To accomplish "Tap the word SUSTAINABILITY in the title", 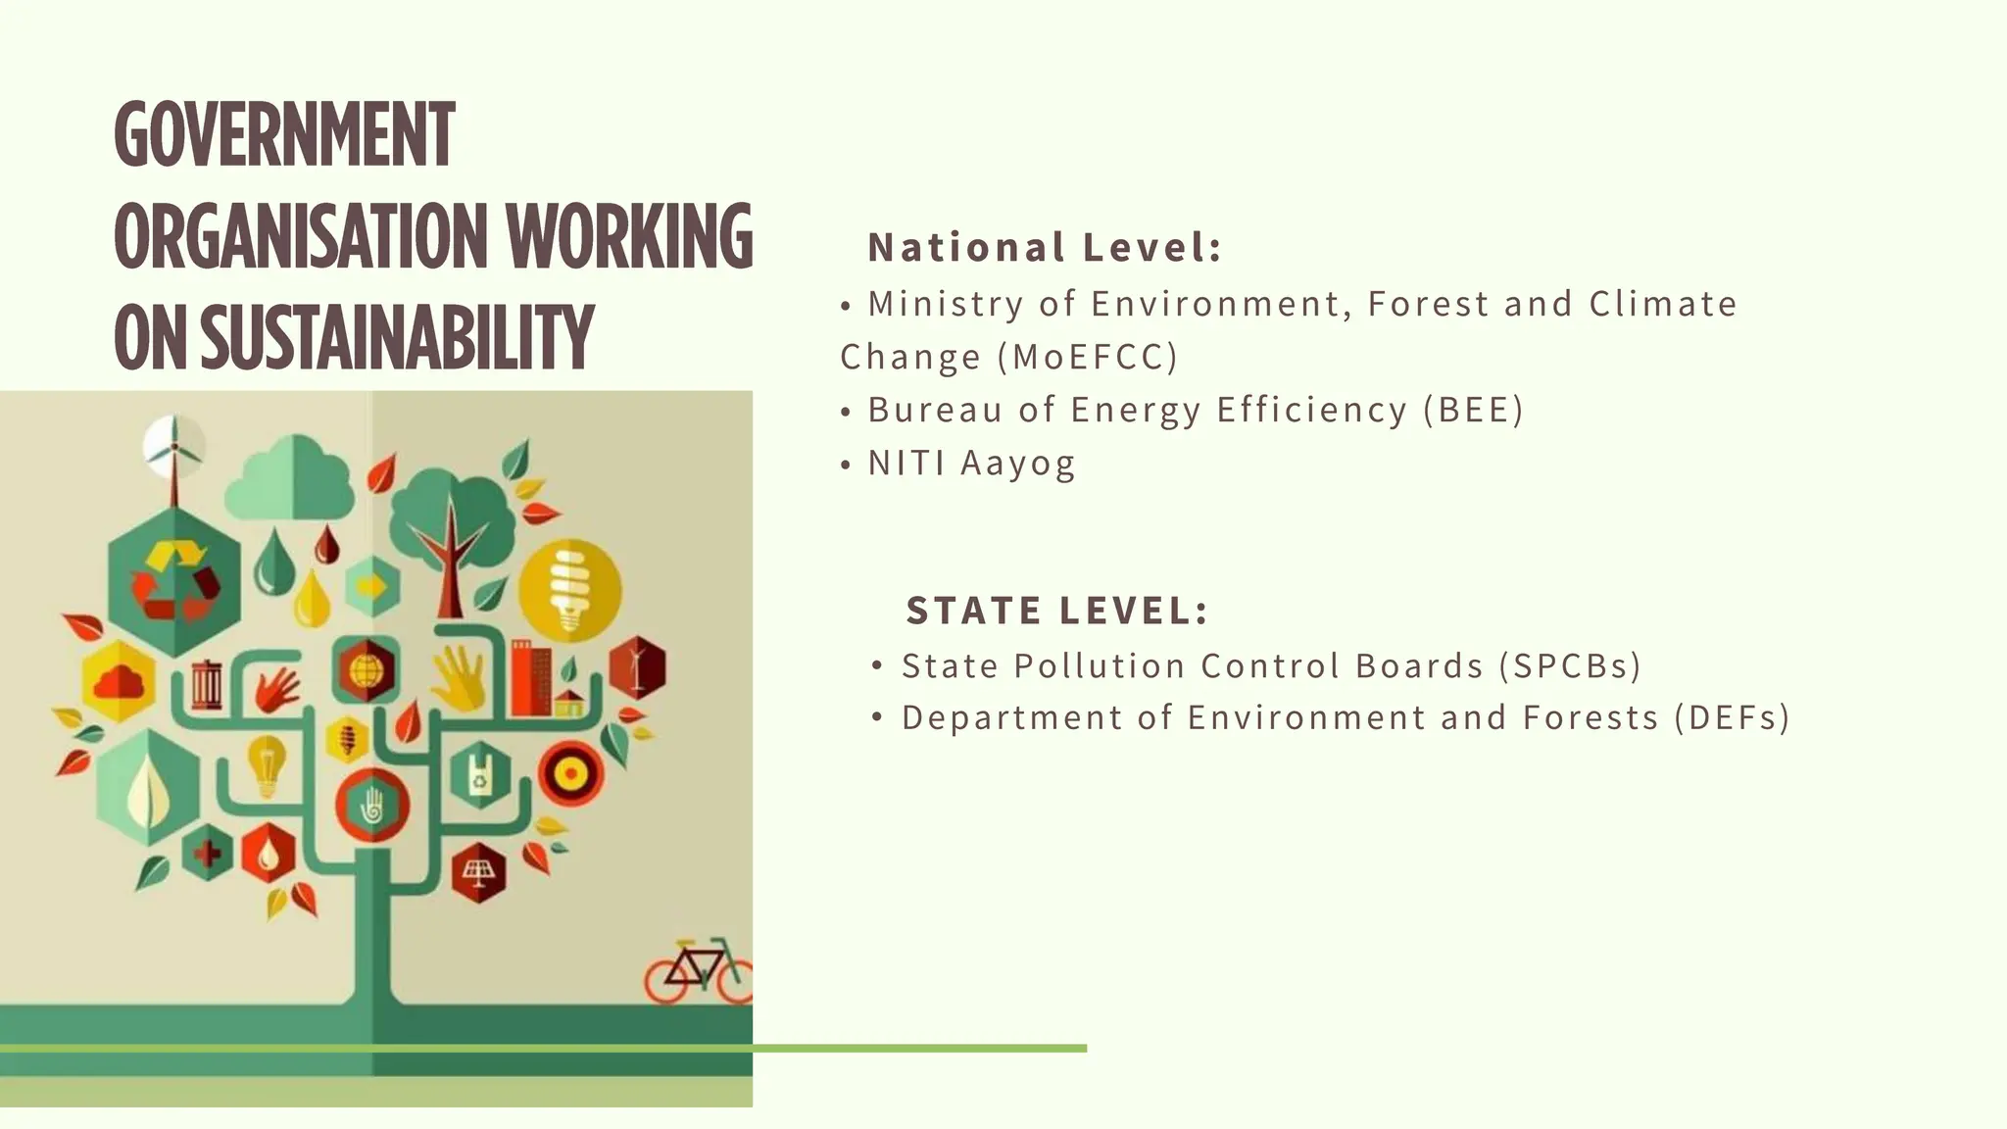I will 397,338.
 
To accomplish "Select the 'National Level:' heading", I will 1045,248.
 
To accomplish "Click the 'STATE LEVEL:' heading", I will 1057,611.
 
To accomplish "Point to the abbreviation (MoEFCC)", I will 1088,357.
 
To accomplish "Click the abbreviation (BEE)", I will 1473,410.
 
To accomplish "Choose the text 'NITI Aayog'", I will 971,463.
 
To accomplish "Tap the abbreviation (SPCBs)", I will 1570,666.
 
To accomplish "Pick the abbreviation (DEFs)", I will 1732,718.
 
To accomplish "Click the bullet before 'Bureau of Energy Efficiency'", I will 846,412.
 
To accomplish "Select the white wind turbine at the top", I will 173,446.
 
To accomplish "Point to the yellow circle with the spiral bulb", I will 569,590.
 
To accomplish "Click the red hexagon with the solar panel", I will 478,871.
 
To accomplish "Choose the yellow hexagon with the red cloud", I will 120,680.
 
